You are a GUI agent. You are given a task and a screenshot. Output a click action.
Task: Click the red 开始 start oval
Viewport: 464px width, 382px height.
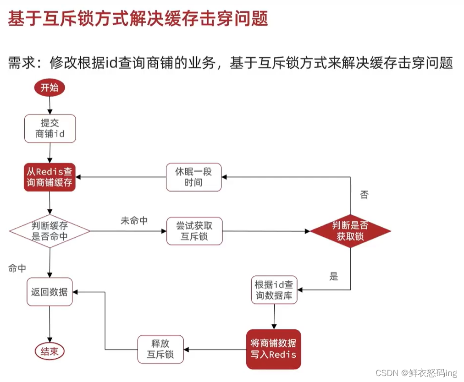click(x=50, y=88)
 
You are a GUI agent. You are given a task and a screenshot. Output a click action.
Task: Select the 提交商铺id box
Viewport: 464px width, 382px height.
click(x=50, y=128)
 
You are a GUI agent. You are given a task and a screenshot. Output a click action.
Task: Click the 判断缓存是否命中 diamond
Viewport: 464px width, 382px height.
click(x=50, y=231)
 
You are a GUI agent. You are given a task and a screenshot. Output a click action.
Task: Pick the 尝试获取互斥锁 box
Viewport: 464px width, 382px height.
click(x=194, y=231)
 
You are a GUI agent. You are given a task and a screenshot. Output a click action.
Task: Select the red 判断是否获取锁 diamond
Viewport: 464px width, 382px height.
click(x=350, y=231)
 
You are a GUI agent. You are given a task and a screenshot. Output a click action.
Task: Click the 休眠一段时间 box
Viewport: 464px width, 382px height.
click(x=194, y=177)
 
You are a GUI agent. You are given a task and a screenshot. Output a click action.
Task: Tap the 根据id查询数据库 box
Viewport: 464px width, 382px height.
click(x=274, y=290)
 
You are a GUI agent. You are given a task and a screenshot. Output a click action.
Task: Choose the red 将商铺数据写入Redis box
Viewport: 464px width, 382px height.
click(x=274, y=349)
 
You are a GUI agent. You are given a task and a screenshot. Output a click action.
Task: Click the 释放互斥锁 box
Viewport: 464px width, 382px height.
click(x=160, y=349)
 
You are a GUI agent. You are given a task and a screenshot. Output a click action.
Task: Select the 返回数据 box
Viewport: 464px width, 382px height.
click(x=50, y=292)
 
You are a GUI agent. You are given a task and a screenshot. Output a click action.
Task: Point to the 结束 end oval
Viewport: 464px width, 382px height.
click(x=50, y=351)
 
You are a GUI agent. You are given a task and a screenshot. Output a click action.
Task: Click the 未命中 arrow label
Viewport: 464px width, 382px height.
click(x=134, y=221)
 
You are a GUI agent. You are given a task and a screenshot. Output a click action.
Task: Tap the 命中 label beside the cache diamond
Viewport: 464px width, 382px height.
click(x=17, y=268)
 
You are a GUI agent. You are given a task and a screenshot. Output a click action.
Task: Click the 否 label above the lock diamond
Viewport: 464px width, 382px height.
click(x=364, y=195)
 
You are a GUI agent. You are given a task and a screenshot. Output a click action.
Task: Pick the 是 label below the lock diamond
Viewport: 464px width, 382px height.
click(x=334, y=276)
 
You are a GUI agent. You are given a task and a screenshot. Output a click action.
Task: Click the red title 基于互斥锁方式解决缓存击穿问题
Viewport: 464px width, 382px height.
click(x=138, y=19)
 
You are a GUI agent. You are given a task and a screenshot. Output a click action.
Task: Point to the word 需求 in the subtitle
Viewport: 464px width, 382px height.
click(x=21, y=63)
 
